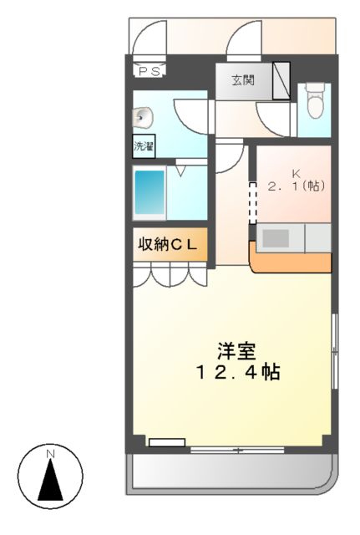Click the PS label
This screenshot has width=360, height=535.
150,71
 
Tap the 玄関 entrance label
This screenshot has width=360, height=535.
243,81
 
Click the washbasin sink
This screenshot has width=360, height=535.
141,117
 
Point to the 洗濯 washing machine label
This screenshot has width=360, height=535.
144,147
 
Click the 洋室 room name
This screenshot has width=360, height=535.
236,350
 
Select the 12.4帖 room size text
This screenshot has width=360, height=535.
236,372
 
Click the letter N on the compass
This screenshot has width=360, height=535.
50,454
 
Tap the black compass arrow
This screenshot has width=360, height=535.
50,481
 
